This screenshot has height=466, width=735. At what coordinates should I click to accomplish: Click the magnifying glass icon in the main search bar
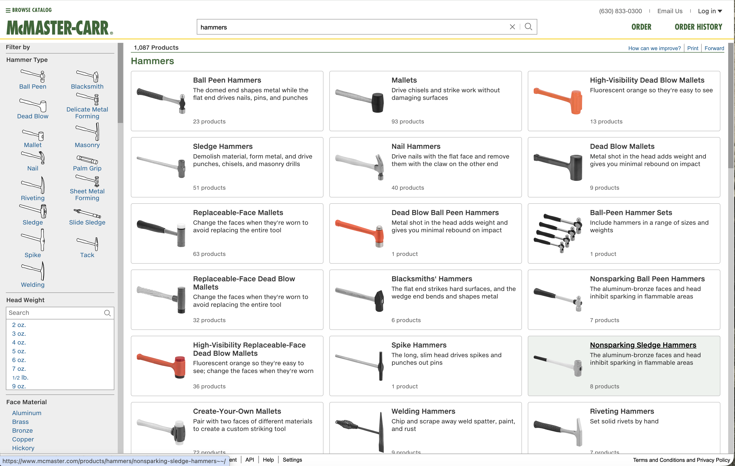click(528, 27)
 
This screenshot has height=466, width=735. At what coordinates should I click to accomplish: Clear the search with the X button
click(512, 27)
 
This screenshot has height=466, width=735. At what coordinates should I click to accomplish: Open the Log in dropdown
click(710, 11)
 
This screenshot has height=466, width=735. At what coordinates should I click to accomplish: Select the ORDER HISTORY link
click(698, 27)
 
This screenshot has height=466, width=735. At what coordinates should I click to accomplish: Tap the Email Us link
click(670, 11)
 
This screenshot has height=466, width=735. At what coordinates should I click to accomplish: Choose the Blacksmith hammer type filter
click(87, 86)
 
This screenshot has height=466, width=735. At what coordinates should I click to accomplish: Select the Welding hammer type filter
click(33, 284)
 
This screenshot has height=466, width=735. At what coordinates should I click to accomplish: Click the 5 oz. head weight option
click(19, 351)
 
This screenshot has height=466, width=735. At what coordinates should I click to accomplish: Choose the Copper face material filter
click(23, 439)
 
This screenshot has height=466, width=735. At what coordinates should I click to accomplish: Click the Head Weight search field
click(55, 313)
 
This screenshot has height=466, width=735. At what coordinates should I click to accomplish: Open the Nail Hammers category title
click(416, 146)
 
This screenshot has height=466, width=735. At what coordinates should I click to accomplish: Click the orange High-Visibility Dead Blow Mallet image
click(558, 101)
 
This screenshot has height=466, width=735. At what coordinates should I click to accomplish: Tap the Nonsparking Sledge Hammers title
click(643, 345)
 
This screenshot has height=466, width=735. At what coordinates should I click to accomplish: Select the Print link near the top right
click(693, 48)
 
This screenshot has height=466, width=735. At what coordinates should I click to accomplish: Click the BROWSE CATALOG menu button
click(29, 10)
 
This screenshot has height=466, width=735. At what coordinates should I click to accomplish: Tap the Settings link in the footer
click(292, 460)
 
